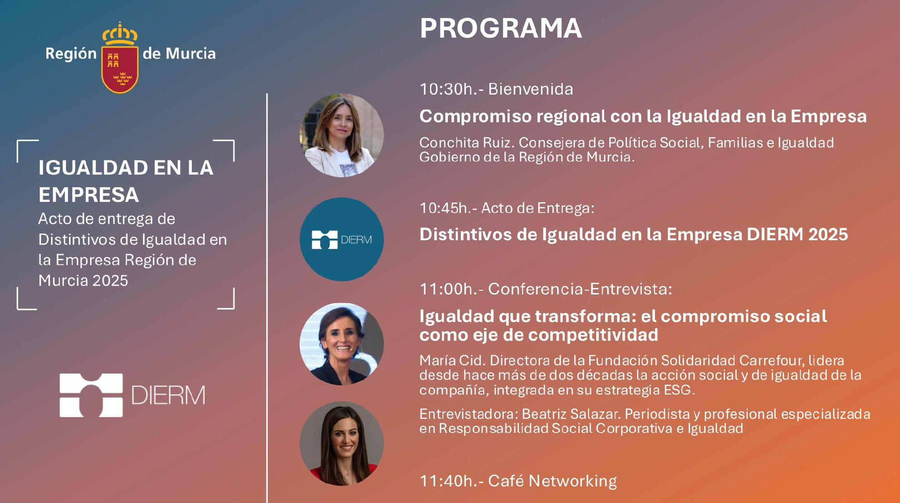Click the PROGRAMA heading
coord(500,28)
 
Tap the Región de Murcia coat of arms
coord(120,58)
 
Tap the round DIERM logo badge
coord(342,239)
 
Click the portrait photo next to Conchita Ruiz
coord(342,135)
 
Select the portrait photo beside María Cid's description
coord(342,344)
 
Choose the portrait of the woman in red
coord(342,443)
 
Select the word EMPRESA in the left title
coord(89,195)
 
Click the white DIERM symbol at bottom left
coord(91,395)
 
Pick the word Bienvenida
coord(530,89)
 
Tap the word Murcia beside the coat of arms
coord(190,54)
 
